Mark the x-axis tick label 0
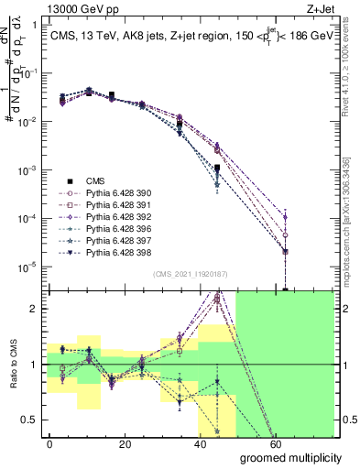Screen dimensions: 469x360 [50, 443]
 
